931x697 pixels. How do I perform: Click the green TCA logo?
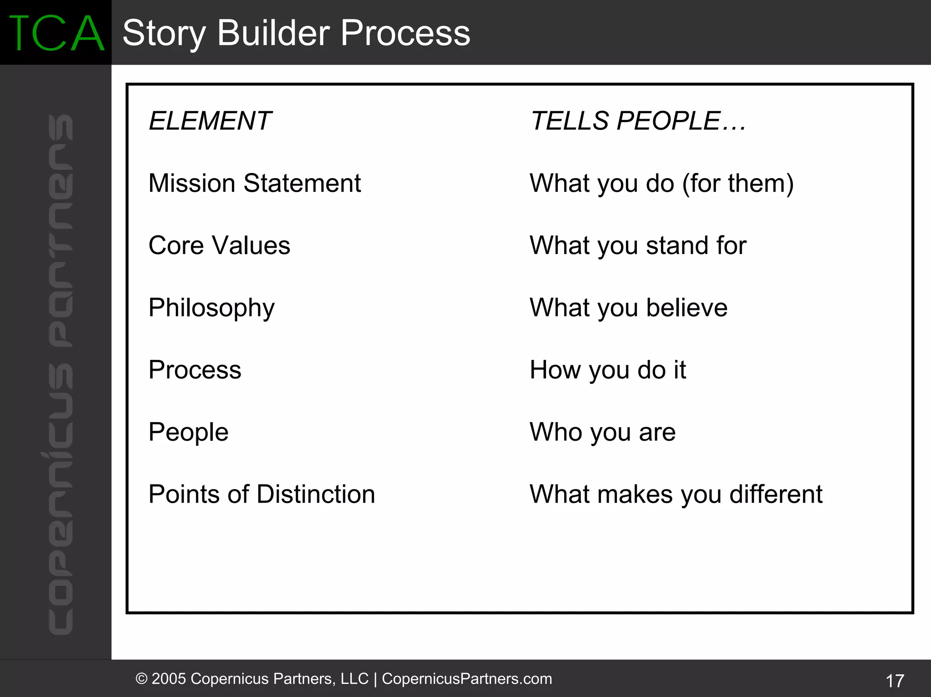tap(56, 33)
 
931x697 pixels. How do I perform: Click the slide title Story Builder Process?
tap(296, 33)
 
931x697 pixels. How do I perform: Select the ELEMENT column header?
tap(210, 121)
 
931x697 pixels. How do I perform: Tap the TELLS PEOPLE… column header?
tap(638, 121)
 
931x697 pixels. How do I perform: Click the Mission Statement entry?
tap(255, 183)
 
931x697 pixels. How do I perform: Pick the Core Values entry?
tap(219, 245)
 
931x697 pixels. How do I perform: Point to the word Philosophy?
tap(211, 308)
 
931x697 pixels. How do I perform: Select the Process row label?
tap(195, 370)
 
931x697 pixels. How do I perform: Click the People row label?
tap(188, 432)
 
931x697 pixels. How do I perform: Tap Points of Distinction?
tap(261, 494)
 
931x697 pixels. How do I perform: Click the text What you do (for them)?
tap(661, 183)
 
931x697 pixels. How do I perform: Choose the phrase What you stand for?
tap(638, 245)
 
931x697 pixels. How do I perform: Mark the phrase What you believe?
tap(628, 308)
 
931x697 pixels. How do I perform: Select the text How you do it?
tap(607, 370)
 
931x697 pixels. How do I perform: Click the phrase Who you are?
tap(602, 432)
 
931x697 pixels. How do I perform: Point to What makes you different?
tap(676, 494)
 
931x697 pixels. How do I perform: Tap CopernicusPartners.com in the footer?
tap(466, 678)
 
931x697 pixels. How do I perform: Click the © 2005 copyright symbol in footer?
tap(142, 679)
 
